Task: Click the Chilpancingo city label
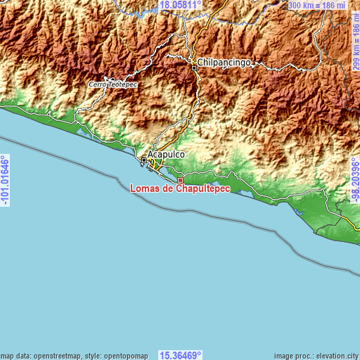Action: (x=225, y=63)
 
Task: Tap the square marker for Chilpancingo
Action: (x=194, y=68)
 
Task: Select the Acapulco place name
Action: (x=166, y=155)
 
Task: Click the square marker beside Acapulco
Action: (x=144, y=161)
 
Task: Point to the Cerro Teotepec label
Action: (x=113, y=84)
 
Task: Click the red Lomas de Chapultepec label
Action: (x=180, y=188)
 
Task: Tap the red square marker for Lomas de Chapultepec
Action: (x=180, y=180)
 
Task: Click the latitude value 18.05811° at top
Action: (x=181, y=5)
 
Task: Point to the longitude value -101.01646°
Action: (x=6, y=180)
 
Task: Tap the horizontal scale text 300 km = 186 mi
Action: (x=319, y=5)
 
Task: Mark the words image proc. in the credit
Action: (x=288, y=355)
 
